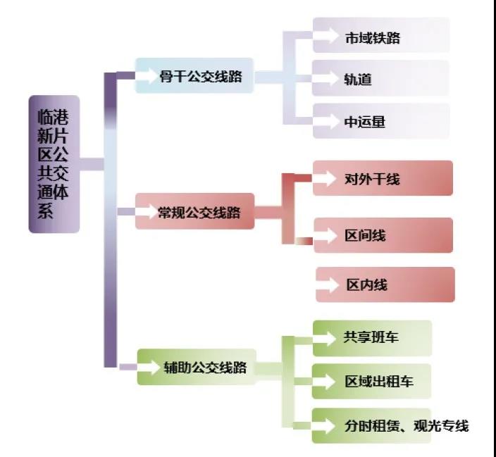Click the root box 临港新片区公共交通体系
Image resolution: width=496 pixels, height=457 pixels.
[54, 164]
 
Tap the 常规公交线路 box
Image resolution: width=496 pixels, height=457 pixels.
[195, 212]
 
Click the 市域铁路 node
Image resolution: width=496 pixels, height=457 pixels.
[381, 37]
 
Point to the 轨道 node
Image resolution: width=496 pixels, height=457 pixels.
[381, 78]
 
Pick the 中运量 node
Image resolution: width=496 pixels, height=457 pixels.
[381, 121]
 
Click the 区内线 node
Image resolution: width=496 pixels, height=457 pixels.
[385, 284]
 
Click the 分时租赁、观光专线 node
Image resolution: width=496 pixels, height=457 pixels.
[390, 425]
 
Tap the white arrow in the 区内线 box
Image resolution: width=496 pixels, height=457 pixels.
[328, 285]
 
